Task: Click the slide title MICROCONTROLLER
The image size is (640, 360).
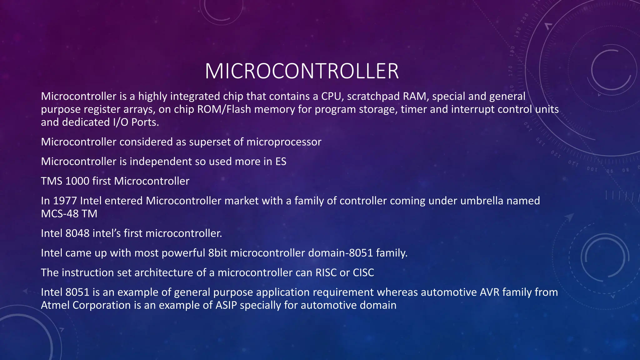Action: point(302,71)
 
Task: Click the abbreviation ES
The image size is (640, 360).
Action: point(281,162)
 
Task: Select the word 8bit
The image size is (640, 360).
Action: point(217,253)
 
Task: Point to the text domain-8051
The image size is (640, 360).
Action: point(340,253)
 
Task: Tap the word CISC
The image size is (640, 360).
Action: point(363,272)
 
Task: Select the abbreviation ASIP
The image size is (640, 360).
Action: point(226,305)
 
